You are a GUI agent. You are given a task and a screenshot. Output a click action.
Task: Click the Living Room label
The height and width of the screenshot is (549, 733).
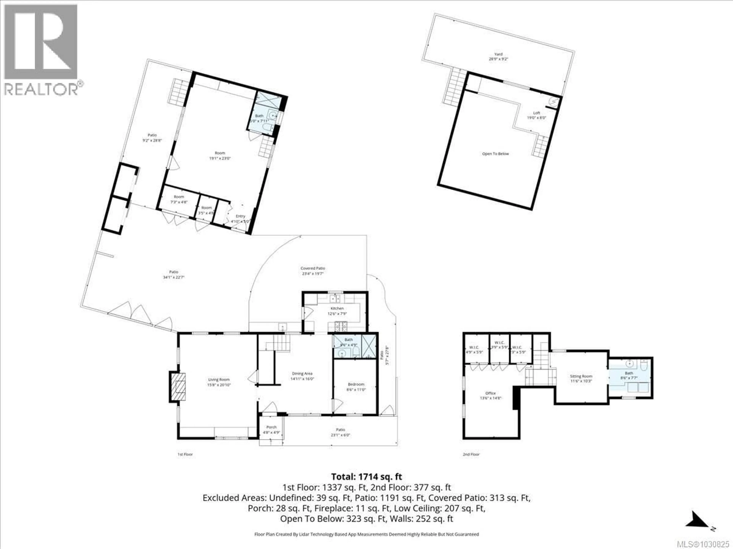(219, 380)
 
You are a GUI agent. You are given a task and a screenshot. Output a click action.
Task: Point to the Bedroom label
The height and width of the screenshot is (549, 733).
(356, 384)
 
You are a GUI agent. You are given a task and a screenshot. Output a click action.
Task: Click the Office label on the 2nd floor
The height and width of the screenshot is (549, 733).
(490, 393)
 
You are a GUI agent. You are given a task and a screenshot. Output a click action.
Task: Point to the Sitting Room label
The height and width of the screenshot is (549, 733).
(581, 376)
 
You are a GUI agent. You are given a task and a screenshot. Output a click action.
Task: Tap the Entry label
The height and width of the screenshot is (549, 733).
(240, 216)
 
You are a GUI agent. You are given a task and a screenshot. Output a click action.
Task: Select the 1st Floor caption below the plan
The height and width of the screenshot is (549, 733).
(185, 454)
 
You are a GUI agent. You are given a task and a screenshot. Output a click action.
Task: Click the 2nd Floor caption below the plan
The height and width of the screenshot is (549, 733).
(471, 454)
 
